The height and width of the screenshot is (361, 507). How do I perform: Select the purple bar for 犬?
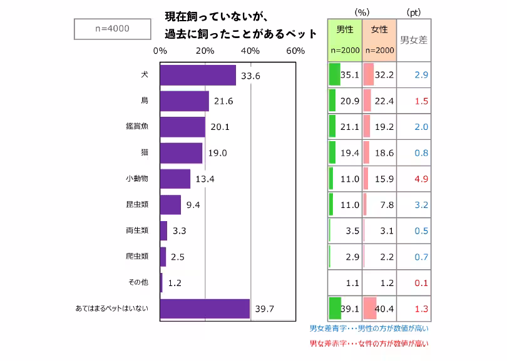pos(198,76)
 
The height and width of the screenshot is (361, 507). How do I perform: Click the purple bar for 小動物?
pos(175,179)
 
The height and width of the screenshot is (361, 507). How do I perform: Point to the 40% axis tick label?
pos(250,51)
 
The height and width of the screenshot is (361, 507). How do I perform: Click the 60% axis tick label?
pos(295,51)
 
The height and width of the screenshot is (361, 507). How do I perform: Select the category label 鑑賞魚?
pos(136,127)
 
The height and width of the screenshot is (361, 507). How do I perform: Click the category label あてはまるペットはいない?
pos(111,309)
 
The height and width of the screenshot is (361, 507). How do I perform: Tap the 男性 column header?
pos(345,30)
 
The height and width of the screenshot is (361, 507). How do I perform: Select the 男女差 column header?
pos(413,40)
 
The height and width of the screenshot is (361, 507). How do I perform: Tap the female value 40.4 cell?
pos(383,309)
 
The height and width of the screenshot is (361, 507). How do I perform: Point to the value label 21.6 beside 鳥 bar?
pos(222,101)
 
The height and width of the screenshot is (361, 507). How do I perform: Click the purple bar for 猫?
pos(181,153)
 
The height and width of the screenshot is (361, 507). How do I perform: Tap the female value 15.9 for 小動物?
pos(383,179)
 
